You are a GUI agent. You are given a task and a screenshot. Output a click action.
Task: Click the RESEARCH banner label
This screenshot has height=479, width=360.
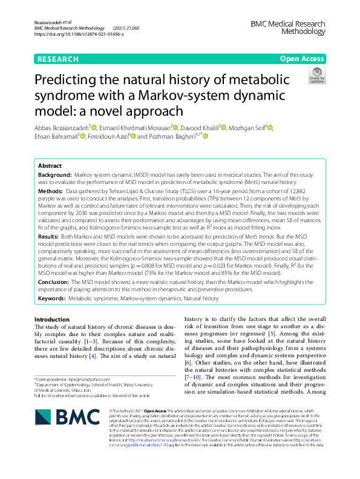click(58, 59)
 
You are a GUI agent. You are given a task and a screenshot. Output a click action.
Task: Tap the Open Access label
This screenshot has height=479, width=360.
click(301, 59)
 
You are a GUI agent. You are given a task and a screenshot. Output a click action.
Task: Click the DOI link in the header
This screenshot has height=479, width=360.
click(79, 35)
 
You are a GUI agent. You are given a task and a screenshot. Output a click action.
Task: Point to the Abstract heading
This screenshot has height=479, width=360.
click(50, 165)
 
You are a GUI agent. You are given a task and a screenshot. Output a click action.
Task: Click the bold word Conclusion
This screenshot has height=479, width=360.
click(53, 282)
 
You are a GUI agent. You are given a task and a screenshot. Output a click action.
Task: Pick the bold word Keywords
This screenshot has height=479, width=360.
click(51, 298)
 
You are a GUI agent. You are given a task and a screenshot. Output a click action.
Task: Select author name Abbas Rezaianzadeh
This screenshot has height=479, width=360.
click(61, 128)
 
